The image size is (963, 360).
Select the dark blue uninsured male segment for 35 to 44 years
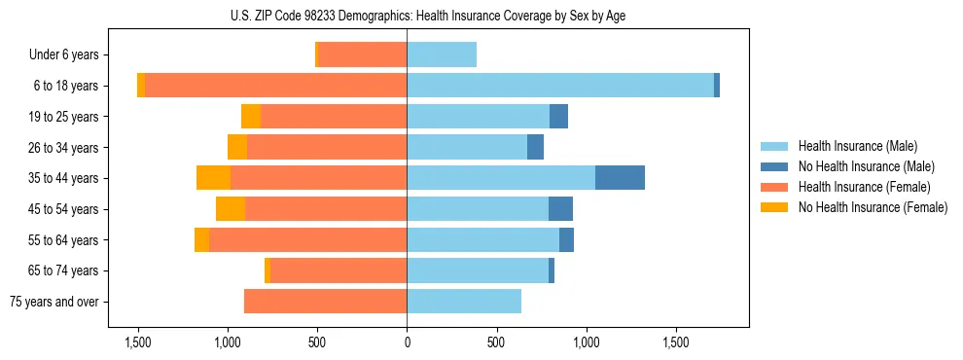coord(620,178)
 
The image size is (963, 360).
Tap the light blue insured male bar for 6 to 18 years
coord(560,86)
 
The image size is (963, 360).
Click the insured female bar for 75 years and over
coord(325,302)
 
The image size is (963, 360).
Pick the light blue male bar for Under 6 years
coord(442,54)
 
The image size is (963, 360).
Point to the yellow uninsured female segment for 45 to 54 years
coord(231,209)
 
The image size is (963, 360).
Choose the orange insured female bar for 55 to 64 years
coord(307,240)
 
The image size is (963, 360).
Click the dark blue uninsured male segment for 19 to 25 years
coord(558,117)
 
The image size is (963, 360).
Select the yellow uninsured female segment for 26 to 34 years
coord(237,147)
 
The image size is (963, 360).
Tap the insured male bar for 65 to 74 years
coord(478,270)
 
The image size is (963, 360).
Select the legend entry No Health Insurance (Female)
coord(873,207)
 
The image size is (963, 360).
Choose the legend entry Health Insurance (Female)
coord(863,187)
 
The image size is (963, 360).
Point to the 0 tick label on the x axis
coord(407,342)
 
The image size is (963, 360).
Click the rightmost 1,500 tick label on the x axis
coord(676,342)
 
